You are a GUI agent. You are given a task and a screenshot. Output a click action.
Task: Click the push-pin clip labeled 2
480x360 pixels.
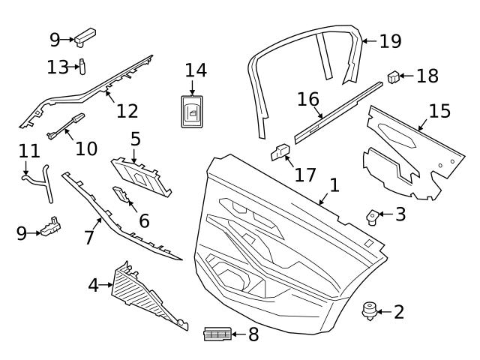(369, 310)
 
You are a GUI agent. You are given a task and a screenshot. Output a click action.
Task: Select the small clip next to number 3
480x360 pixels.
(371, 217)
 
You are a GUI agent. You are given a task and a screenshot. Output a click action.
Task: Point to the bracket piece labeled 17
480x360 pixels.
(280, 151)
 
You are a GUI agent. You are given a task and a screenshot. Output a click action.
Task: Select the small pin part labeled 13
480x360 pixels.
(83, 66)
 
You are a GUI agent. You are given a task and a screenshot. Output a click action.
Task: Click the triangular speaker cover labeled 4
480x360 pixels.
(146, 295)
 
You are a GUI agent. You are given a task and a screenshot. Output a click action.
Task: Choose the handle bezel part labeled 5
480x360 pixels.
(142, 176)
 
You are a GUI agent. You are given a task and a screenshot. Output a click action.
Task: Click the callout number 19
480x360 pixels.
(390, 40)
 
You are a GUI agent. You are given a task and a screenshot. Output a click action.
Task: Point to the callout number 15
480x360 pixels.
(439, 111)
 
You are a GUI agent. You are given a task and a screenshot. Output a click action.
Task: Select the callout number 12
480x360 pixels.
(127, 111)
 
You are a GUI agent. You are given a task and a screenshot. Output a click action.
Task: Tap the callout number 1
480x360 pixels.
(334, 184)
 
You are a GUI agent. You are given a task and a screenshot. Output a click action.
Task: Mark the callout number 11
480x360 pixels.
(29, 151)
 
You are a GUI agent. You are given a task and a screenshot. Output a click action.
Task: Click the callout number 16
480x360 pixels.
(308, 99)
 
